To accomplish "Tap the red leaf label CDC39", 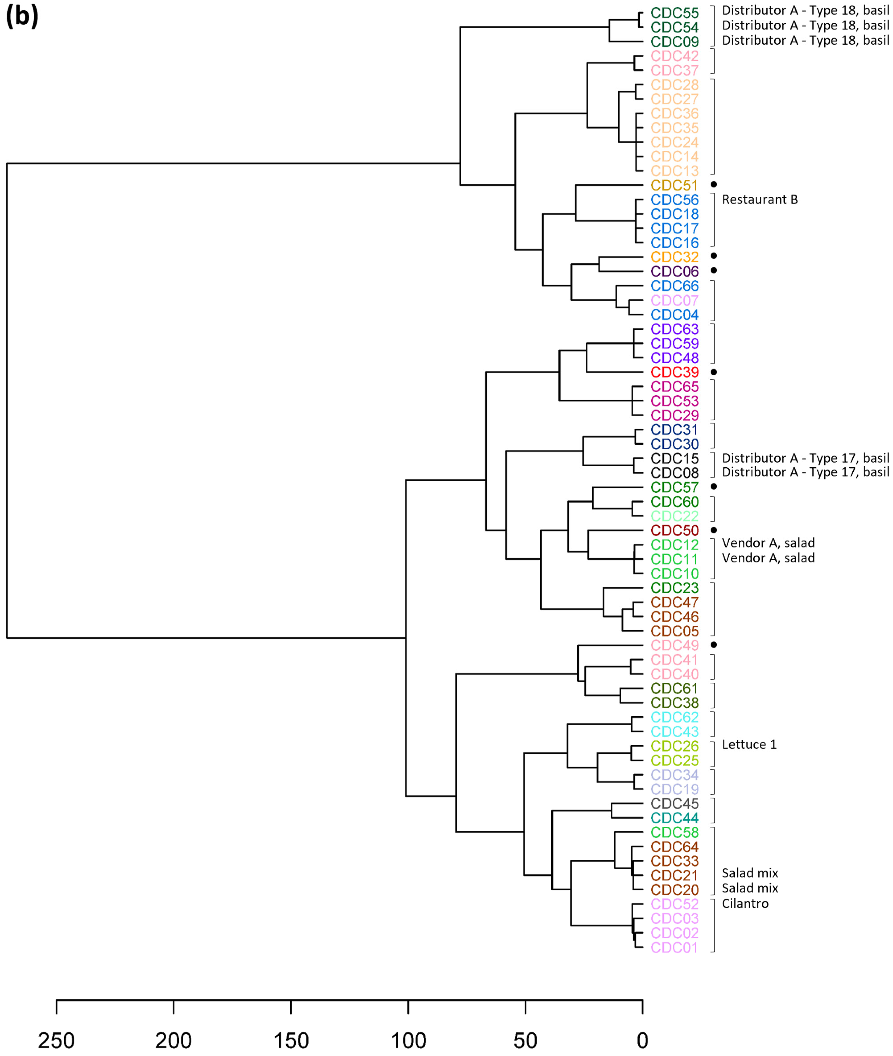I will [674, 372].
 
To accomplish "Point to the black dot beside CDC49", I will [714, 645].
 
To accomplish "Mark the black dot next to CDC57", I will [714, 486].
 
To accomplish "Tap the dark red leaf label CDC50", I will [674, 531].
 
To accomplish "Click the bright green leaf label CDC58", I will [674, 832].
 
